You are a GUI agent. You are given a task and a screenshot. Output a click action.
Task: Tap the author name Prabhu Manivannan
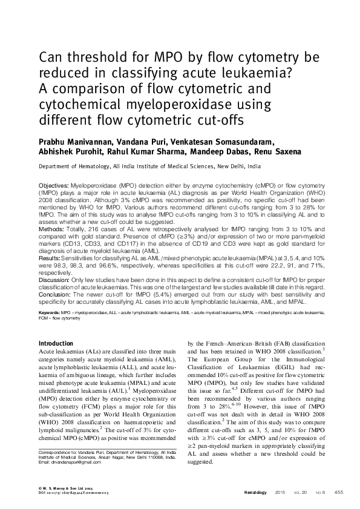tap(73, 141)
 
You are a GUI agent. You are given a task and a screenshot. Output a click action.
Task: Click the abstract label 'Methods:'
tap(51, 230)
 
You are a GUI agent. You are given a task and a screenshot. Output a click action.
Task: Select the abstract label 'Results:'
tap(51, 258)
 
